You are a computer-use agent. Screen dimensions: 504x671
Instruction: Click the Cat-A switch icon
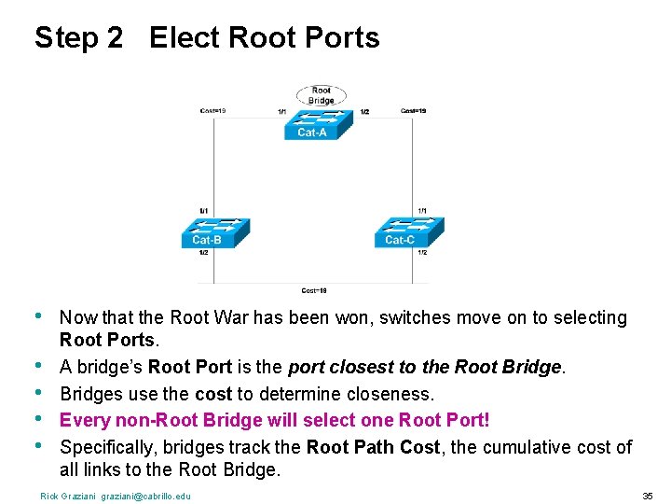(311, 123)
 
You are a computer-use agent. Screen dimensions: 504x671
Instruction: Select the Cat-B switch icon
(214, 231)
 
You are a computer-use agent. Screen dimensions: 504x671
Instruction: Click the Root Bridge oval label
(321, 95)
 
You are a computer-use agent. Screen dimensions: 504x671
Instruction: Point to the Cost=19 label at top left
(213, 111)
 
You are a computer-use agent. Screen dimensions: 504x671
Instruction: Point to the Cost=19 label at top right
(414, 111)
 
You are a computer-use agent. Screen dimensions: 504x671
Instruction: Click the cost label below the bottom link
(314, 290)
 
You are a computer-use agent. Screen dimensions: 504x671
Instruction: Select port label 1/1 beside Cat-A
(282, 112)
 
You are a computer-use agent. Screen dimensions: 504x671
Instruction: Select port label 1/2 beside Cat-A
(363, 112)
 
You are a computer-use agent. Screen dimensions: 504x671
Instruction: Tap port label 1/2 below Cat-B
(204, 253)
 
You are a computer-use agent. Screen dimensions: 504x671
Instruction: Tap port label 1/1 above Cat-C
(422, 210)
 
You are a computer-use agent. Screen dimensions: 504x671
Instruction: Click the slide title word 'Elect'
(185, 38)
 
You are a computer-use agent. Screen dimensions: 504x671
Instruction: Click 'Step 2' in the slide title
(78, 38)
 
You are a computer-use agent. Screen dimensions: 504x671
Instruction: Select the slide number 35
(647, 496)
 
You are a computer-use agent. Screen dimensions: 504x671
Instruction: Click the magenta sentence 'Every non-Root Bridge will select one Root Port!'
(275, 421)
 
